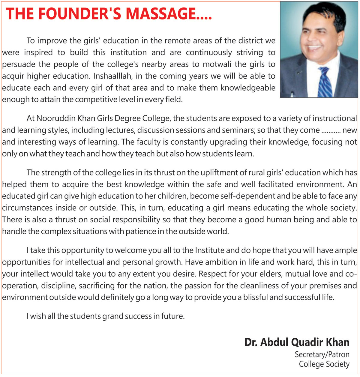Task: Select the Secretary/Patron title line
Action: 322,355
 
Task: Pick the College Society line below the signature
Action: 324,364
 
